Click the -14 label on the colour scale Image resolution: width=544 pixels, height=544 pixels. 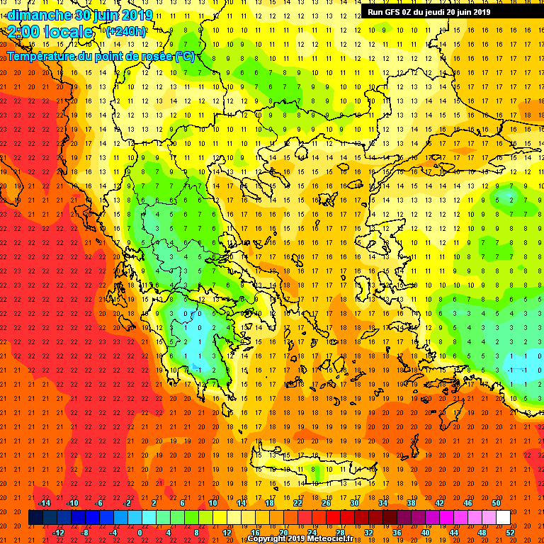[x=44, y=503]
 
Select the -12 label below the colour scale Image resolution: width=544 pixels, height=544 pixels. [x=58, y=533]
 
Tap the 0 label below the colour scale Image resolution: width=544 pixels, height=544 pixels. [x=140, y=533]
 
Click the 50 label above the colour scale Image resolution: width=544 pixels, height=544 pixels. [x=496, y=503]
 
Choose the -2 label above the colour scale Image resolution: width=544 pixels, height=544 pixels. [x=127, y=503]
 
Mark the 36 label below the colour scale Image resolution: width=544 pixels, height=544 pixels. [x=397, y=533]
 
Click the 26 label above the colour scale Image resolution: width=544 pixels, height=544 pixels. [x=326, y=503]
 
